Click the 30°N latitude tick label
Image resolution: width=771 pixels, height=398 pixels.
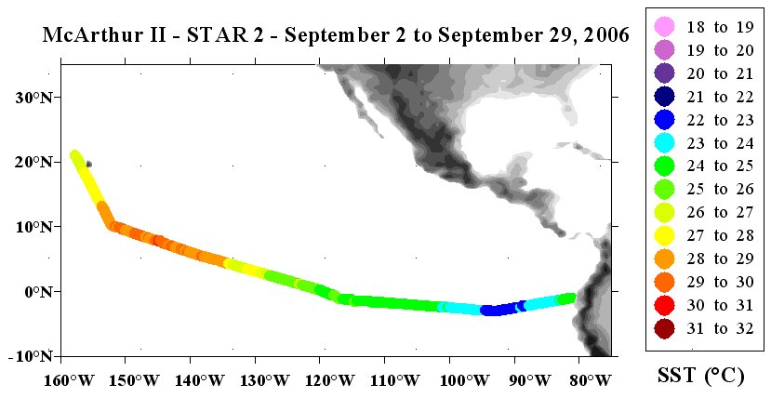pos(32,98)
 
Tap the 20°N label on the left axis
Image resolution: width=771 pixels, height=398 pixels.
pos(32,162)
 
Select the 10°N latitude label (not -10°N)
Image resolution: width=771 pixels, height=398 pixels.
pos(32,227)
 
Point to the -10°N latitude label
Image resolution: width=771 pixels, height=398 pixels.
pos(31,356)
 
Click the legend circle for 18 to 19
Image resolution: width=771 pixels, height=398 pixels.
pos(664,27)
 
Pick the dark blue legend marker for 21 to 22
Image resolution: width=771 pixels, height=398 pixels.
pos(664,97)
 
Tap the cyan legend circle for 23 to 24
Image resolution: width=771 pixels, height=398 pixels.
pos(664,143)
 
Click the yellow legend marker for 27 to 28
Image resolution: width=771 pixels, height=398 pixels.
pos(664,236)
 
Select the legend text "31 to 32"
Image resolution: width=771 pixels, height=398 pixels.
pos(721,328)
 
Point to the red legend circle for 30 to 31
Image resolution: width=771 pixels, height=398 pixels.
pos(664,305)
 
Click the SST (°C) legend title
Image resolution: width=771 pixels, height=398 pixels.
pos(701,376)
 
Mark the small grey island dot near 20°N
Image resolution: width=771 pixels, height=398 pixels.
pos(88,164)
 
